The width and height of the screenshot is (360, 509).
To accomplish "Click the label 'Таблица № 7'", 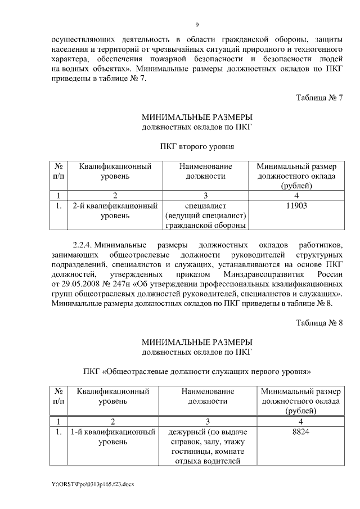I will [319, 98].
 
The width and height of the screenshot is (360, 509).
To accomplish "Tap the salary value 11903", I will [296, 206].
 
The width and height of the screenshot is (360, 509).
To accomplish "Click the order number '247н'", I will [128, 285].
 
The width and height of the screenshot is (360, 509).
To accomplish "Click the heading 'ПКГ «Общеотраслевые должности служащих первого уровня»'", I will [196, 372].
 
